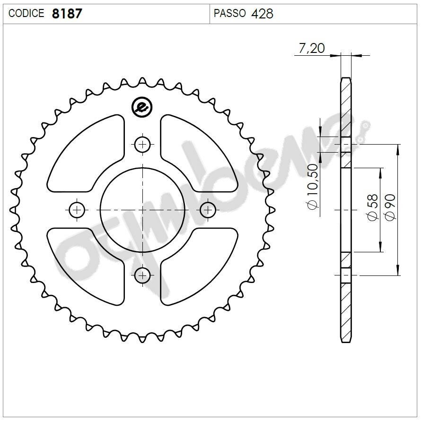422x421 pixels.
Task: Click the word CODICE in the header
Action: point(26,14)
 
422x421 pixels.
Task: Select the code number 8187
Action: point(67,14)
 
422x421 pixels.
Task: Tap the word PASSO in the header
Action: point(230,14)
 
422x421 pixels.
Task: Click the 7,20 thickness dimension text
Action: point(311,49)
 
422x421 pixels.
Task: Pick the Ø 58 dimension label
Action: point(372,208)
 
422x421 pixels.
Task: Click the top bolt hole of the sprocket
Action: point(142,145)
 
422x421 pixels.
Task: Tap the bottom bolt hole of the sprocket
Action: point(142,275)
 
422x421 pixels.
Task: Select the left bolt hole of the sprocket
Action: point(77,210)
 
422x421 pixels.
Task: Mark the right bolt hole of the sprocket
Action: point(208,210)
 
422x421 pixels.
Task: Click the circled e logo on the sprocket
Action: point(141,107)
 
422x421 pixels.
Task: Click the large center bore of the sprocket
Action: point(142,210)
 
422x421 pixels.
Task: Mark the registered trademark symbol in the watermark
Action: point(365,125)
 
